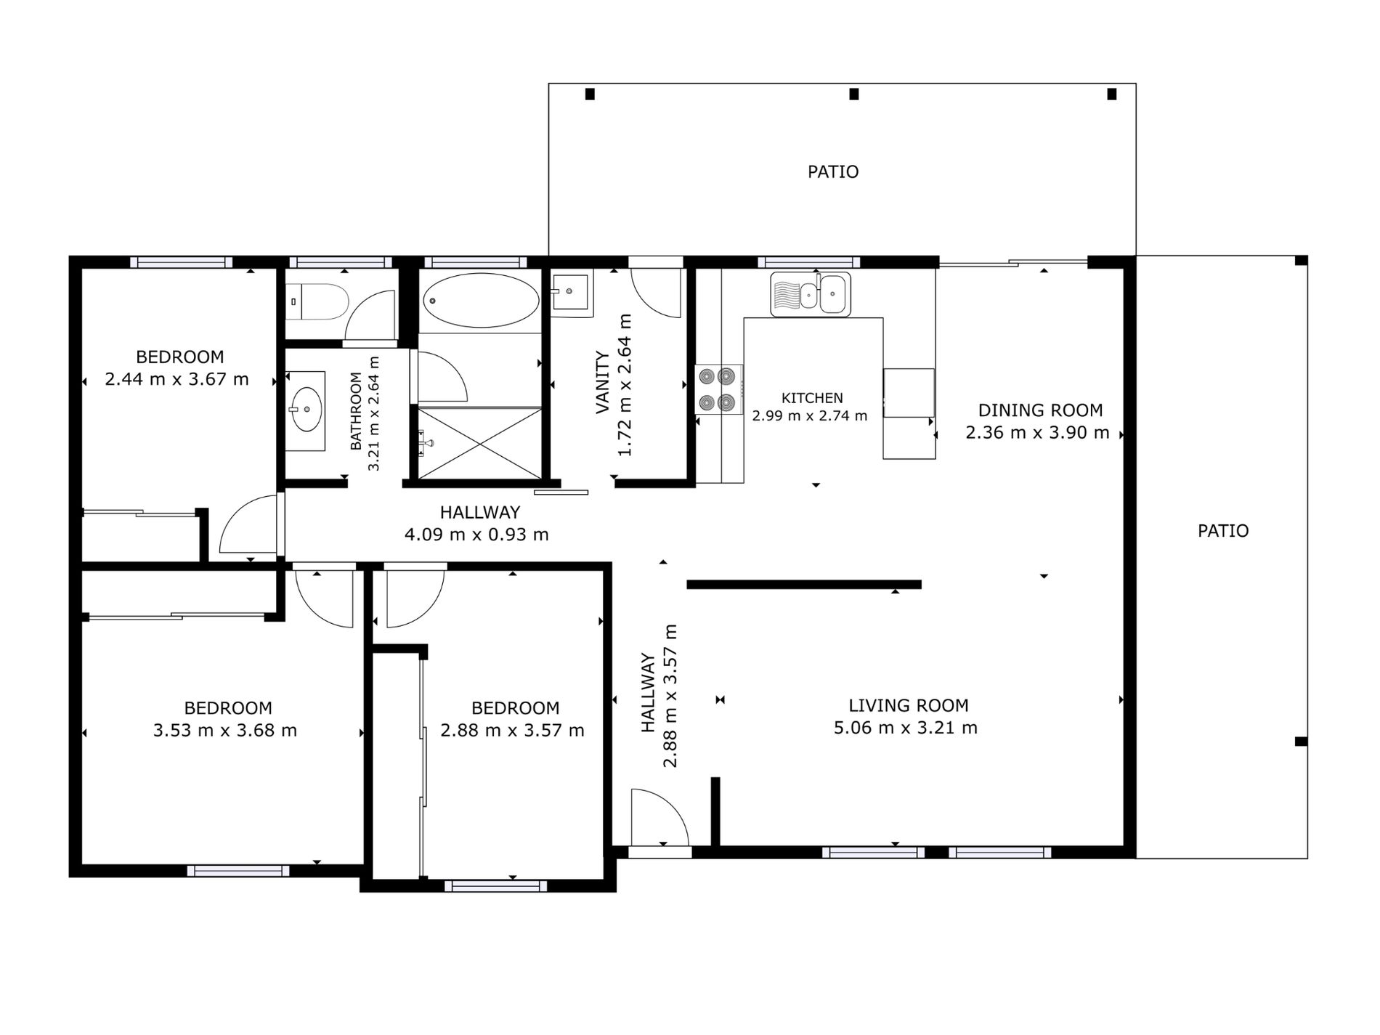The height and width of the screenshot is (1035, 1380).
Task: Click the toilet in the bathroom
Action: [x=317, y=301]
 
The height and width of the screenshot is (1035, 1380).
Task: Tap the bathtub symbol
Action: [x=481, y=300]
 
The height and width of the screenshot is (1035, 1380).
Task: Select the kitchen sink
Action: [x=811, y=294]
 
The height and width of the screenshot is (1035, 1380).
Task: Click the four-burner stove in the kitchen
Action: [x=718, y=389]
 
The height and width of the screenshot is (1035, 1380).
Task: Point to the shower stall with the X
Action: [x=480, y=443]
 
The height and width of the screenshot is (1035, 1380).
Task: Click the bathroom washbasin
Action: [x=306, y=409]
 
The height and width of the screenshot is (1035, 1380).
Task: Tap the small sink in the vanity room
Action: [x=571, y=293]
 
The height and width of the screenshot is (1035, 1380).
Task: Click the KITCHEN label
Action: [x=812, y=398]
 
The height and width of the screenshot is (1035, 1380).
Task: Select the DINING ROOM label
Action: [x=1040, y=410]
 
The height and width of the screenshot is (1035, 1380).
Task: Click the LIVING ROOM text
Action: [x=908, y=705]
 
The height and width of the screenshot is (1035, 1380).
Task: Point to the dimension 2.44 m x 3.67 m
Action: [x=176, y=379]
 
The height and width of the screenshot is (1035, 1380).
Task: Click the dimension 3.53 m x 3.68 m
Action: [x=225, y=730]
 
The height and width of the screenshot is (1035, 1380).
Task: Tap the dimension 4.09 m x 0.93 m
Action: [x=476, y=535]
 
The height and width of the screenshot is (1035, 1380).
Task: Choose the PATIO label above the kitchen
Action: [x=833, y=171]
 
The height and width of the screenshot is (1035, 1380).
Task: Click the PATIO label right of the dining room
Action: [x=1223, y=531]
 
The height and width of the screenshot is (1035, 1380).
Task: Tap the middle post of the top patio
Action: [x=854, y=94]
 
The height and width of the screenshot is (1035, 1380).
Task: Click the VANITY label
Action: [x=602, y=382]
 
